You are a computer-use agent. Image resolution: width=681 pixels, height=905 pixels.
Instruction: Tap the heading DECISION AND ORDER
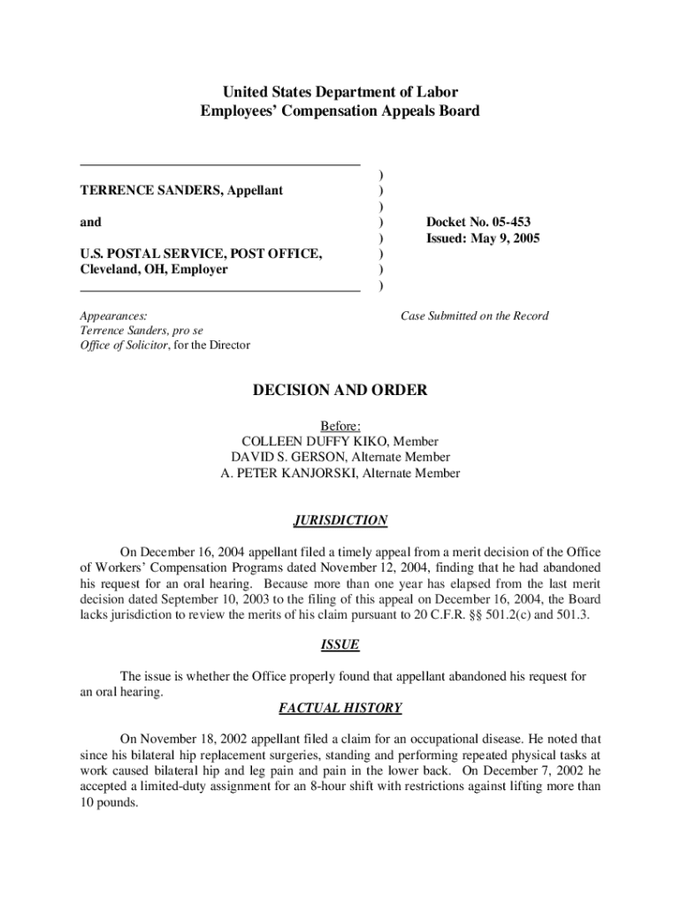[x=340, y=390]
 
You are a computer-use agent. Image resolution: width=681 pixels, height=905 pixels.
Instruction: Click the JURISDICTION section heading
[x=340, y=521]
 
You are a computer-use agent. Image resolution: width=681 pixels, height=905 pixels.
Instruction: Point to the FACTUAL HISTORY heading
[x=340, y=708]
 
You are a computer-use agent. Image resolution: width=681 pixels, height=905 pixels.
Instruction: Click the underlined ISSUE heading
[x=340, y=645]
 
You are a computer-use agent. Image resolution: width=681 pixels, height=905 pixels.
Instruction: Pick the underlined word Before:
[x=340, y=425]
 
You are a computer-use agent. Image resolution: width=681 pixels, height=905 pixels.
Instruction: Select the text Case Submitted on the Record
[x=474, y=316]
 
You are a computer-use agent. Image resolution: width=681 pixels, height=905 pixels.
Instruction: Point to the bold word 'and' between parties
[x=91, y=222]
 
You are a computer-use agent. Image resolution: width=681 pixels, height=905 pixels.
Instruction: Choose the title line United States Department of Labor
[x=340, y=92]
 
